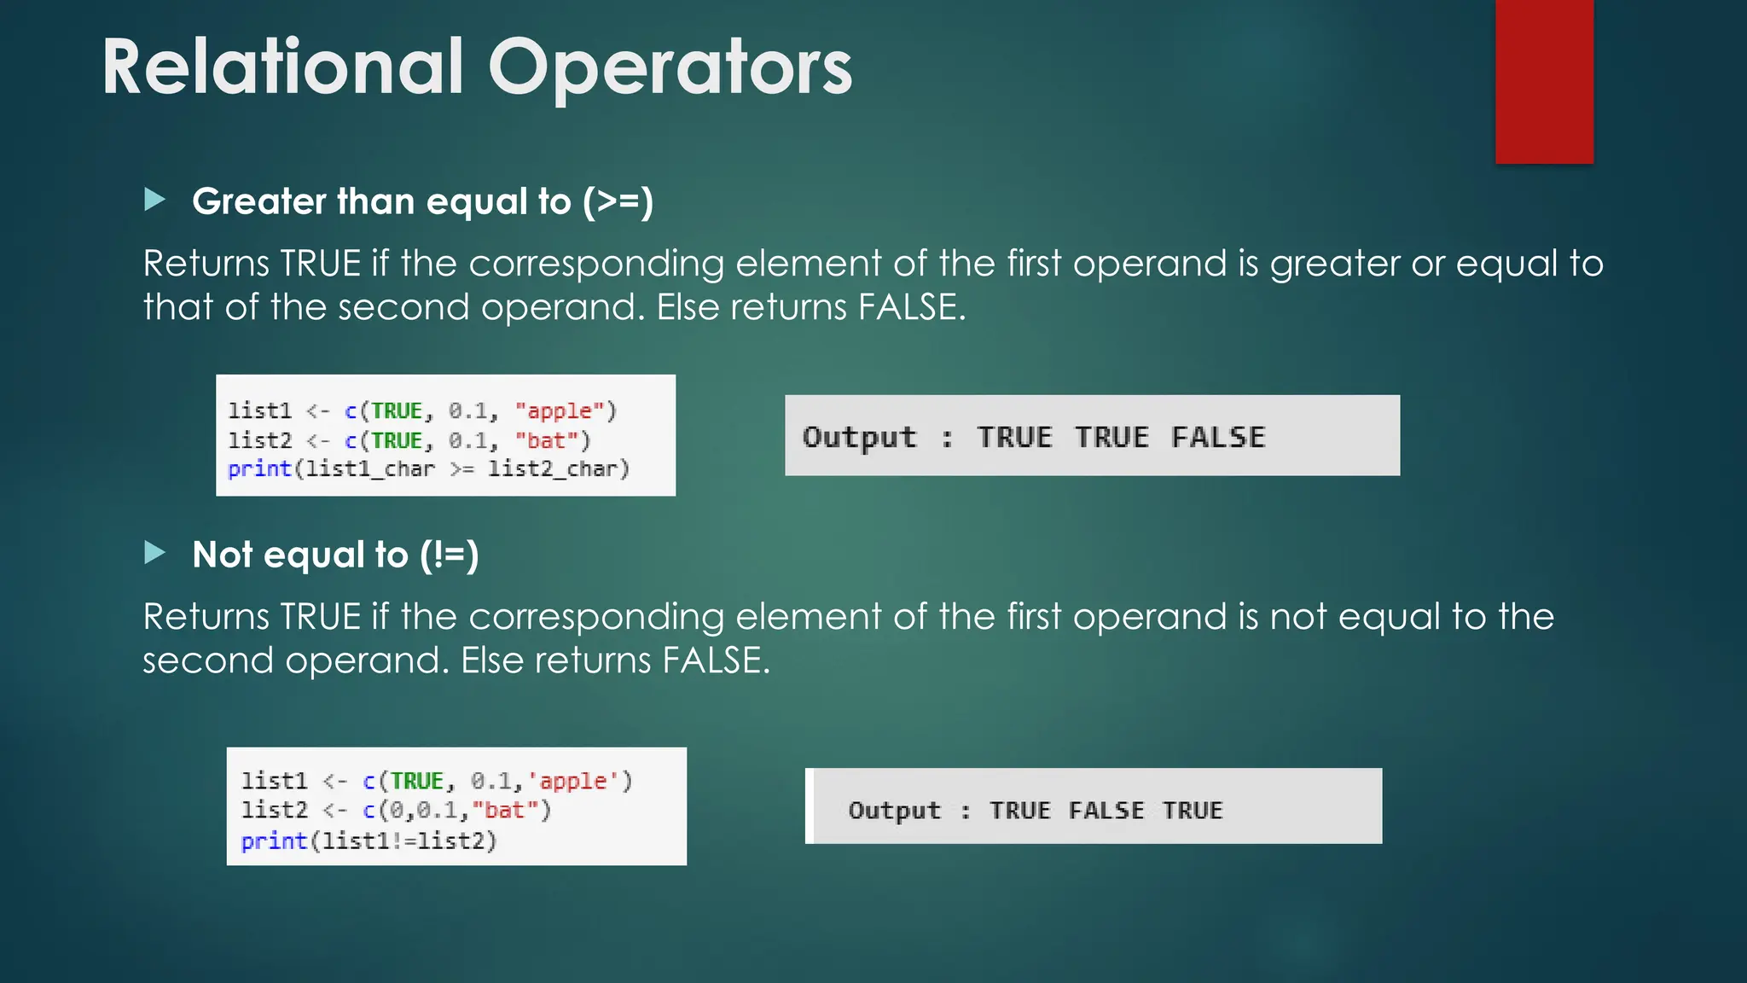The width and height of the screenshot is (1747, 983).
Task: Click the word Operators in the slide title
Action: [x=670, y=68]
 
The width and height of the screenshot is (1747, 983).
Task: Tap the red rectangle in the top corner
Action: [x=1544, y=81]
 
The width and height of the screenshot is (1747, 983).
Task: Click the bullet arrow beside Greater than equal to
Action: [x=155, y=201]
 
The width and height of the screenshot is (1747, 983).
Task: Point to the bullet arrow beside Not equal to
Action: [x=155, y=553]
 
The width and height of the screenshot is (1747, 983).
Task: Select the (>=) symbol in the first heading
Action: [x=618, y=202]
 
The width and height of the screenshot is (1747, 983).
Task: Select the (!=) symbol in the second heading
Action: [x=449, y=555]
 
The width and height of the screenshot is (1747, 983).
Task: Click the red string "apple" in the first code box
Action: [x=559, y=411]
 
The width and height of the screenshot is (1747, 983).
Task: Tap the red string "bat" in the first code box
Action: [x=546, y=440]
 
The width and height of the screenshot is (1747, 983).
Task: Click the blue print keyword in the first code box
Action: [x=259, y=469]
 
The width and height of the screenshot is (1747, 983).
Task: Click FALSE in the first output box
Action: [x=1218, y=437]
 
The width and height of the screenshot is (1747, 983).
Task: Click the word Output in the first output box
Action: [x=859, y=437]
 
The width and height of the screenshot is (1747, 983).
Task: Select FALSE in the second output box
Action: [x=1106, y=810]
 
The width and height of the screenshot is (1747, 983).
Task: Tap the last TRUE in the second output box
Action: [x=1193, y=810]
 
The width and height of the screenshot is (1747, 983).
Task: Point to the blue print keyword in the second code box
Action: [x=273, y=841]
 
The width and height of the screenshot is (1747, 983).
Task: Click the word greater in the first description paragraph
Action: [x=1334, y=265]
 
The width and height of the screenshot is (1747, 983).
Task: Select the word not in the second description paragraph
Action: [x=1298, y=617]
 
